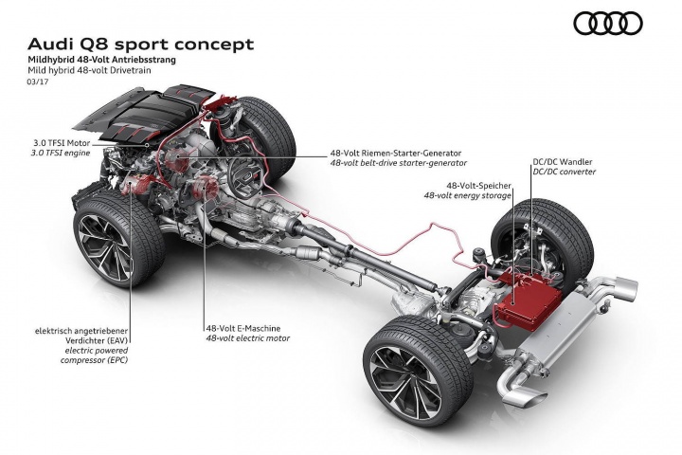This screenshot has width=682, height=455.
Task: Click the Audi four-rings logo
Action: pos(607,23)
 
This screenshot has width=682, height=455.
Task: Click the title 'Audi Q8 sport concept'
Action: pos(140,44)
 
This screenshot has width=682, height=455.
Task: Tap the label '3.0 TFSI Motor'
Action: pos(62,143)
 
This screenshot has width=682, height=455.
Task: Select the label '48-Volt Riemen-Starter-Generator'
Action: pos(396,154)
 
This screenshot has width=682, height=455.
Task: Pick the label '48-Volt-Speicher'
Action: pos(478,186)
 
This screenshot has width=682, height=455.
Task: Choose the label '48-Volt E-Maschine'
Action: pos(243,329)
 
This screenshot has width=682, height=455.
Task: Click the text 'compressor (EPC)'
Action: pos(95,360)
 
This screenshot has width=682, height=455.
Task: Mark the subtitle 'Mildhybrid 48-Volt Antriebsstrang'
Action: pos(101,59)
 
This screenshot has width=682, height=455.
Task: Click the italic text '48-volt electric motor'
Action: pos(248,338)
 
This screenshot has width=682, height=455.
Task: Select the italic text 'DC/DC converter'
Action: pos(565,172)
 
